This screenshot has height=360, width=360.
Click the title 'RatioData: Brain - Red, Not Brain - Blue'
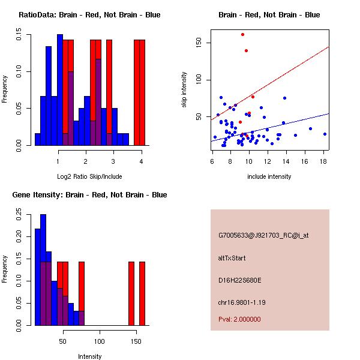coord(89,15)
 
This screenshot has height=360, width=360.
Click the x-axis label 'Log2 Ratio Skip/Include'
coord(90,176)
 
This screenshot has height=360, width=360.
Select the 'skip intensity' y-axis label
coord(185,90)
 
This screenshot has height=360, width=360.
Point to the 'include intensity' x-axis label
coord(269,176)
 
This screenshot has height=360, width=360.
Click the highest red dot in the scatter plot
coord(242,34)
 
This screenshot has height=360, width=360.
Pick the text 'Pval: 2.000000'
coord(240,319)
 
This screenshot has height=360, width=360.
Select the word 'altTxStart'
coord(232,258)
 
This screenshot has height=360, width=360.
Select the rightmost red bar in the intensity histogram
coord(142,293)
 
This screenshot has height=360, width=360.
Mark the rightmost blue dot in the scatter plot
coord(325,134)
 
